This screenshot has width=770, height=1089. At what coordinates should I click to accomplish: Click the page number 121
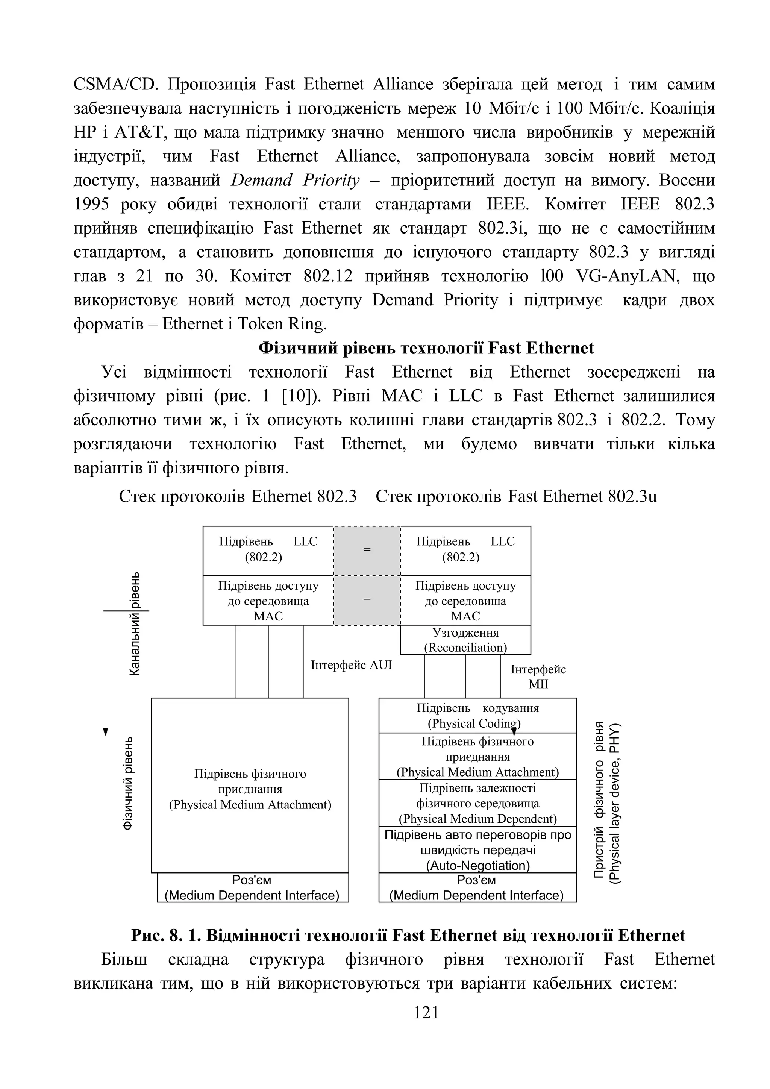click(x=426, y=1012)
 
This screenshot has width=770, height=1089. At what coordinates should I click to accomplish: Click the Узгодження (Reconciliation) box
click(x=465, y=640)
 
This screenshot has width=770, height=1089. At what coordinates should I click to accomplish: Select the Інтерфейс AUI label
click(x=351, y=665)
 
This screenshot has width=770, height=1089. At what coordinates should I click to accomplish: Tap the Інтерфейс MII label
click(x=538, y=676)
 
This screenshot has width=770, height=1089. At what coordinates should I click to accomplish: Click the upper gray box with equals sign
click(x=367, y=550)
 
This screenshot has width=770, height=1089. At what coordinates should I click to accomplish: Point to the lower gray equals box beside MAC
click(x=367, y=600)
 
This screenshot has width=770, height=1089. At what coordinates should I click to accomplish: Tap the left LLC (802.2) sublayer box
click(x=268, y=550)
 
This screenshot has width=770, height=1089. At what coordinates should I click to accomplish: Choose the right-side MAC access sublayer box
click(x=465, y=601)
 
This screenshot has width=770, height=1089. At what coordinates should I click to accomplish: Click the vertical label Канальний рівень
click(x=135, y=624)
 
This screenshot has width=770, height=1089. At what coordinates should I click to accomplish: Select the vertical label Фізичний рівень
click(x=128, y=784)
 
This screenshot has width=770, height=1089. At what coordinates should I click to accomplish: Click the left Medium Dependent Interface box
click(x=252, y=888)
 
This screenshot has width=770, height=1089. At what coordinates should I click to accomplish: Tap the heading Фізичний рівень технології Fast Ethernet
click(x=425, y=348)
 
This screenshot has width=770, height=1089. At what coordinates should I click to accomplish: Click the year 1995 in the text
click(x=91, y=205)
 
